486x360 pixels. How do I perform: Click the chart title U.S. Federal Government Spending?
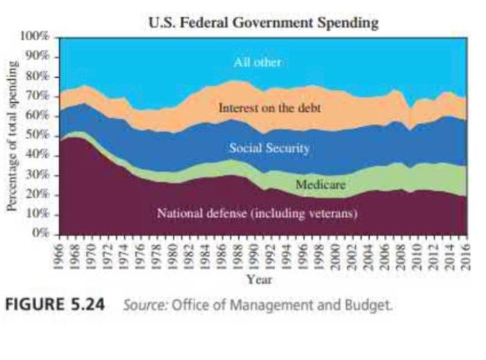(264, 22)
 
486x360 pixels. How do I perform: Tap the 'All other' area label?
(257, 63)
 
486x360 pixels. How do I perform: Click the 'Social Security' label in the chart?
(269, 148)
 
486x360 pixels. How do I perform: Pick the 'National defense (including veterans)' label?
(257, 213)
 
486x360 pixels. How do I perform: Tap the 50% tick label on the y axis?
(40, 135)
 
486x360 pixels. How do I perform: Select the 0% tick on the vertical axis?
(43, 234)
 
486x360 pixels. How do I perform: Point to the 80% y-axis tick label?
(40, 75)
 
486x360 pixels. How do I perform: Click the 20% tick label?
(40, 195)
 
